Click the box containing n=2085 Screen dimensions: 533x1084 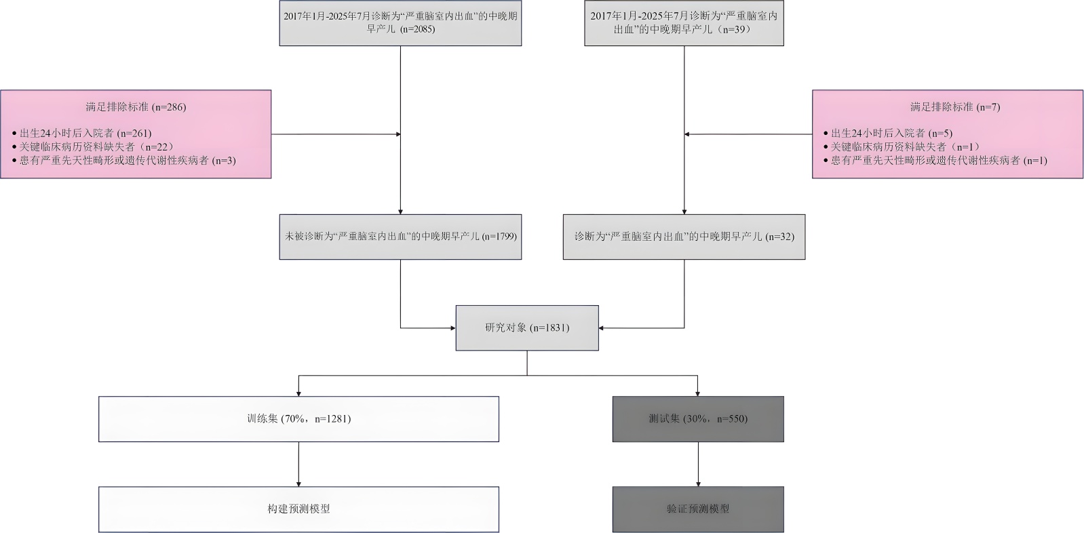point(400,22)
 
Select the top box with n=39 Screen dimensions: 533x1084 point(684,22)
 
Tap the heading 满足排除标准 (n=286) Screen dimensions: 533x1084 point(136,106)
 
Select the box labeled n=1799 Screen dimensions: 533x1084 point(400,237)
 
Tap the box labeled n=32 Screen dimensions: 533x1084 point(684,237)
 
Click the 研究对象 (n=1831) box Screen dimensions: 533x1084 point(527,328)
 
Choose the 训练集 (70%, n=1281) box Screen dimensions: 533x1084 point(298,419)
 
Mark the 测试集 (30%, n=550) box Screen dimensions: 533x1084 point(698,419)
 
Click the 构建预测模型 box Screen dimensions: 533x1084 point(298,509)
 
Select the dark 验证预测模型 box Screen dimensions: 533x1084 point(698,509)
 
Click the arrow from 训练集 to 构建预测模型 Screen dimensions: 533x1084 point(298,465)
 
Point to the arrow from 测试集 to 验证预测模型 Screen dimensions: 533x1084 point(698,465)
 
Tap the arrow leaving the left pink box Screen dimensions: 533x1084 point(336,134)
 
